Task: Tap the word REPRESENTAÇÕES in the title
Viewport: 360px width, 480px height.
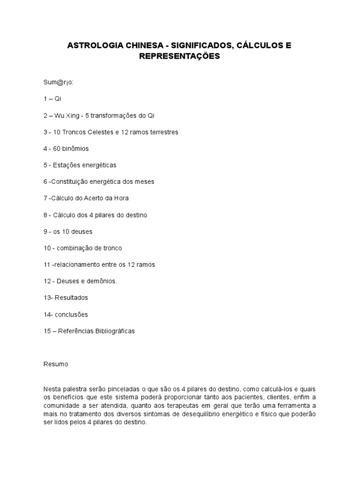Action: coord(180,56)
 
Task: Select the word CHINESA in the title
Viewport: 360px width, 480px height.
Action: coord(145,46)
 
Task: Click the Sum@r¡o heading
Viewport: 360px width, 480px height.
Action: coord(58,82)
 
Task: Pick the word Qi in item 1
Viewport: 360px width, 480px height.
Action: coord(58,99)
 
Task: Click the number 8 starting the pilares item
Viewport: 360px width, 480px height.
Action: coord(45,215)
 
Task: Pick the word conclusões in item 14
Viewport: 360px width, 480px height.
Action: coord(71,314)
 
